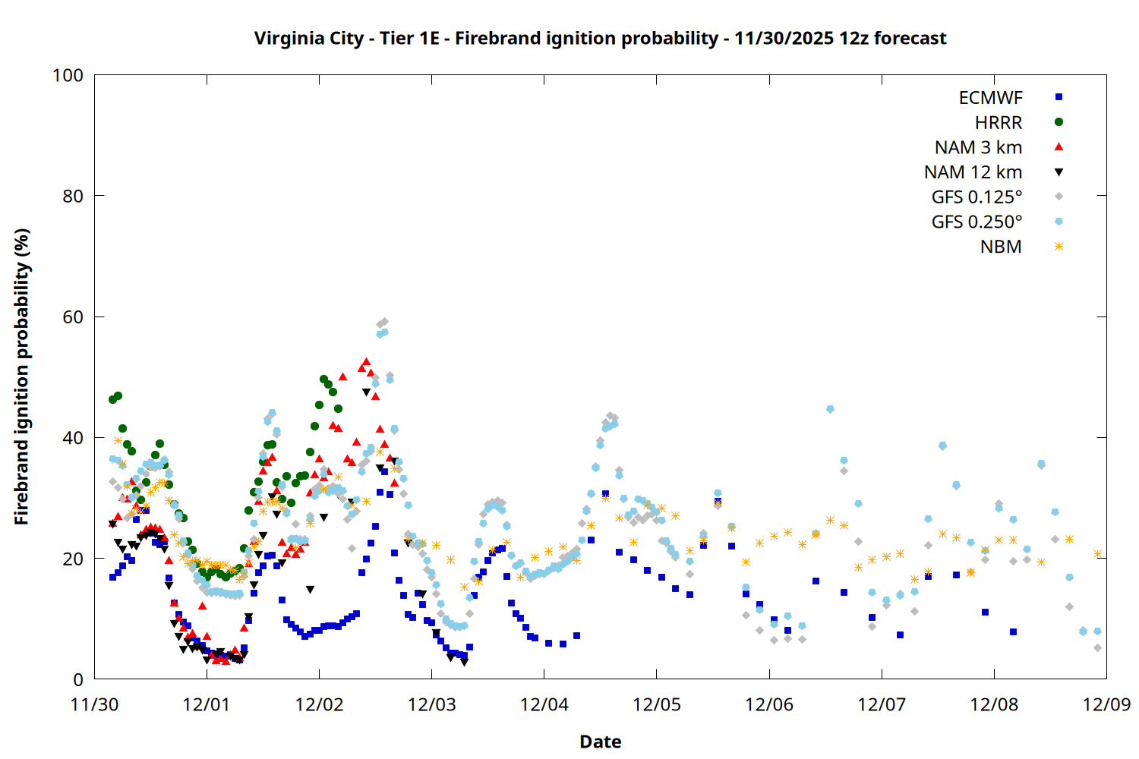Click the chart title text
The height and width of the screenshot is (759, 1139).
600,39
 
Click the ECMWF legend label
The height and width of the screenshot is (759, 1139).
990,98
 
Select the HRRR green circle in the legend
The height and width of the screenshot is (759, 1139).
1059,122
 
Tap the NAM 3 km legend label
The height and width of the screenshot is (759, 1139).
978,147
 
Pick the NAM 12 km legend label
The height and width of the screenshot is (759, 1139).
973,172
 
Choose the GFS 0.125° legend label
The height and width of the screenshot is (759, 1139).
977,197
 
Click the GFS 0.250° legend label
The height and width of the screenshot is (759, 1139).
977,222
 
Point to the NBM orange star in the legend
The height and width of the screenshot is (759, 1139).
1059,247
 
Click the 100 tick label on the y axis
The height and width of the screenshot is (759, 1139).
68,75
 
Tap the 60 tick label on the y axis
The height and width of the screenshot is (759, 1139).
73,317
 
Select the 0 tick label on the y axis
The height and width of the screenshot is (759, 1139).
78,680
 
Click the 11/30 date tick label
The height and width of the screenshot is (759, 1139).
94,704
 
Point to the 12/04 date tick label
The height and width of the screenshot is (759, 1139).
544,704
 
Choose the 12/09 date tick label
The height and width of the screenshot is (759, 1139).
1106,704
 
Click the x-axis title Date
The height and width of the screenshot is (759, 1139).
600,742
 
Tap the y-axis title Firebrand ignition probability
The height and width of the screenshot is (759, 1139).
22,377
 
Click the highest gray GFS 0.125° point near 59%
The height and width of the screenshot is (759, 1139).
384,322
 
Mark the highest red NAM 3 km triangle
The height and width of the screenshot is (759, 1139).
366,361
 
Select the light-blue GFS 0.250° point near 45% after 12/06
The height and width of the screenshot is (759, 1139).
830,409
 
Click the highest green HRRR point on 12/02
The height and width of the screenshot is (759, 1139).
323,379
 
